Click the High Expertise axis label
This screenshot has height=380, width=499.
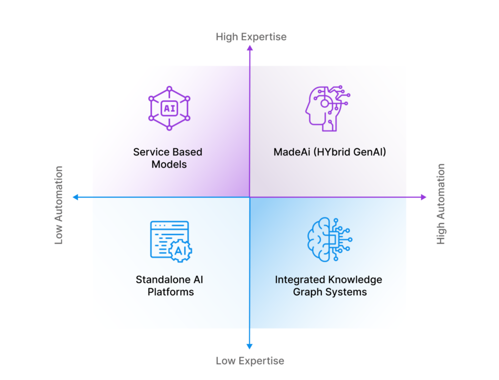251,37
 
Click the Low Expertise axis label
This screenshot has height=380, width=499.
249,361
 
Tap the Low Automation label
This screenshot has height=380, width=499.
59,205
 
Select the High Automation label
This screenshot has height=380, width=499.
441,204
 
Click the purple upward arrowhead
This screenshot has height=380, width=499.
249,48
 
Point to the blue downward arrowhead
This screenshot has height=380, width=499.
249,346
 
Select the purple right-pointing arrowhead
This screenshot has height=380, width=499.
423,197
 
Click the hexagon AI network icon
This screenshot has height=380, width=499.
169,108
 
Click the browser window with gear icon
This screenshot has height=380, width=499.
171,241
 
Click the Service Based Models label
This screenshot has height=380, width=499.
168,158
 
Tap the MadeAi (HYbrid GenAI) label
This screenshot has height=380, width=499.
329,152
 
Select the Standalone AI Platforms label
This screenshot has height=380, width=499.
170,286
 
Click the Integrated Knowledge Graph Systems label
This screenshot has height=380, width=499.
328,286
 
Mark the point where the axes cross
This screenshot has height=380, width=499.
249,197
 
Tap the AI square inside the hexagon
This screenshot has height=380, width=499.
169,108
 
